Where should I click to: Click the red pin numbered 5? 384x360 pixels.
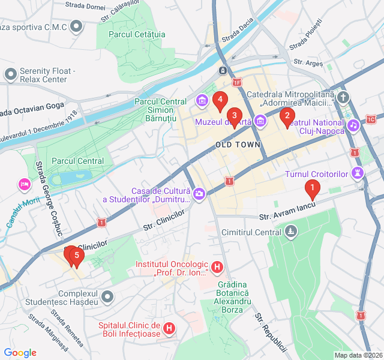(76, 256)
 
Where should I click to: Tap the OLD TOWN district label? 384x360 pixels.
(238, 145)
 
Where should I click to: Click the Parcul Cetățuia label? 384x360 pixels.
(137, 34)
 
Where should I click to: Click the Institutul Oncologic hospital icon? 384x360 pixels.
(218, 266)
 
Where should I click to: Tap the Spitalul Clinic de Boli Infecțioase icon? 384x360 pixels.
(170, 328)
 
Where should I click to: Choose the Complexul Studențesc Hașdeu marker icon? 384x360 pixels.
(107, 296)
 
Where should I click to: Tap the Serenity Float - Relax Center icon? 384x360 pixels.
(10, 74)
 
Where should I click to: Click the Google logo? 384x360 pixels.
(20, 353)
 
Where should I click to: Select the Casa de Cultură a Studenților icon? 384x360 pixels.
(199, 194)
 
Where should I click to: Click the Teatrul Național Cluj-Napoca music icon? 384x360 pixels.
(353, 125)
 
